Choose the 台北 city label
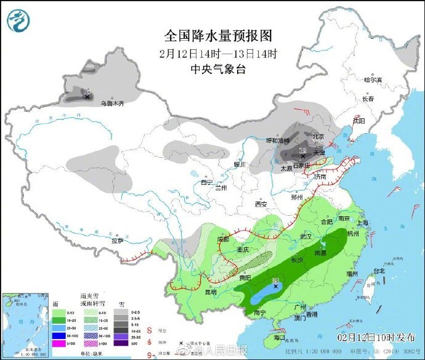pos(378,271)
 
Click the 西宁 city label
pos(206,182)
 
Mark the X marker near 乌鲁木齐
pos(87,97)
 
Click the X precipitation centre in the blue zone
pos(275,286)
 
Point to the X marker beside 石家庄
pos(302,156)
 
